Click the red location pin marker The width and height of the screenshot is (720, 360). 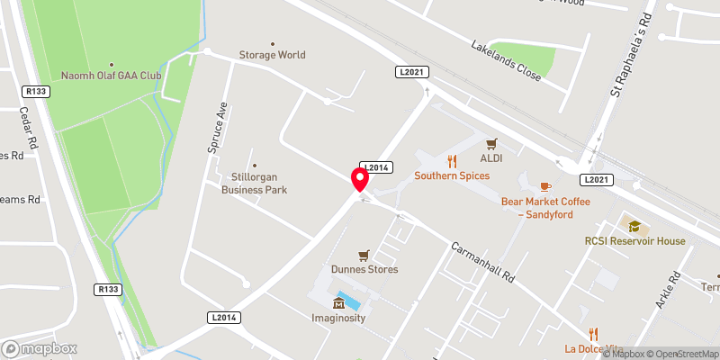[360, 180]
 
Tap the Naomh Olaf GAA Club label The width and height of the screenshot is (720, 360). [111, 76]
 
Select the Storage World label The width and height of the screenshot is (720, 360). [272, 55]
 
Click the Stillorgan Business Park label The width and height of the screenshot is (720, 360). [254, 184]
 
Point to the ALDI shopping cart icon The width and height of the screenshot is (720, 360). [491, 143]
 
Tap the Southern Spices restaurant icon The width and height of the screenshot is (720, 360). [452, 162]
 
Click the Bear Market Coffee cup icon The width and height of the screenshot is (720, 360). [545, 186]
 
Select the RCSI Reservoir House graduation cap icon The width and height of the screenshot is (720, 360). [634, 226]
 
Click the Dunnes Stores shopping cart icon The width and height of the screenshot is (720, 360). [364, 255]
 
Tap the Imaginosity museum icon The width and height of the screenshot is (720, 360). [339, 302]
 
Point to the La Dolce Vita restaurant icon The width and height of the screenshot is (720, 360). [593, 334]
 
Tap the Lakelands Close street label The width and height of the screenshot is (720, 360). [507, 61]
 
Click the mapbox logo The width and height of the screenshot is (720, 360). [40, 348]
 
